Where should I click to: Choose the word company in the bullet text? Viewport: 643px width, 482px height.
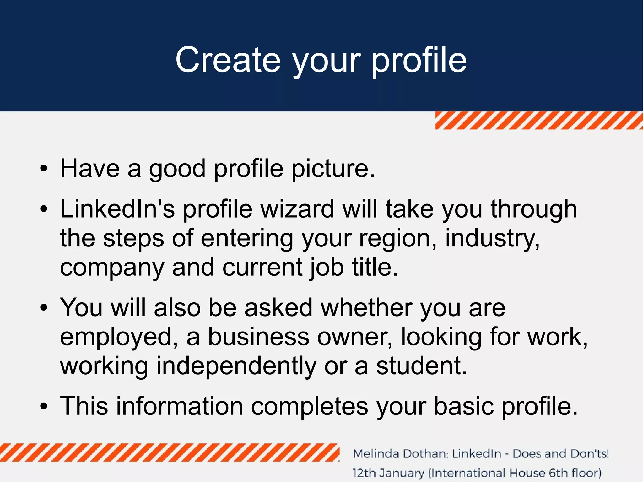112,268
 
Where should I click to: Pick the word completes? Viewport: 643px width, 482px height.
310,406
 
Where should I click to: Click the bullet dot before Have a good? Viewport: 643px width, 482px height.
44,169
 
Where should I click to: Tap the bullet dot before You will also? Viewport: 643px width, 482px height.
44,308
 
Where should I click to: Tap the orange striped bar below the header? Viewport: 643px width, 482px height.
538,121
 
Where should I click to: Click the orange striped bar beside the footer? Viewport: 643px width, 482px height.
170,452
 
